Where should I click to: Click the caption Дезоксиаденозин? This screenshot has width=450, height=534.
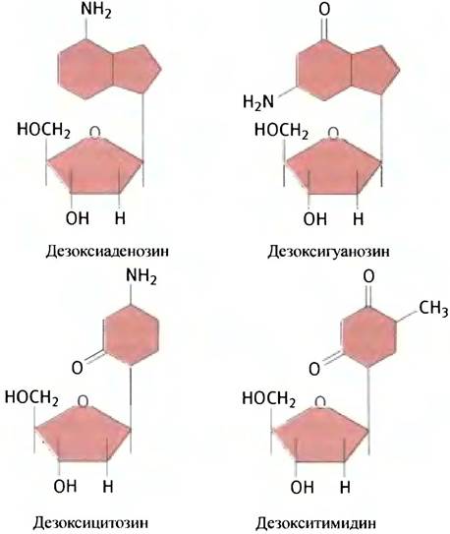[x=107, y=252]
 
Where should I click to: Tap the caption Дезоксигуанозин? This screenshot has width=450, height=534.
[x=328, y=252]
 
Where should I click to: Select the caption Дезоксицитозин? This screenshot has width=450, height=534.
[x=90, y=522]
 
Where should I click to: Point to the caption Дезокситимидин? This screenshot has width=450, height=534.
[x=316, y=523]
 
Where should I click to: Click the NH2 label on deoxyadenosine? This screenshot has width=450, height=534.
[x=96, y=10]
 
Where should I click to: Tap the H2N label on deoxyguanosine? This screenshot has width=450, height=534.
[x=258, y=102]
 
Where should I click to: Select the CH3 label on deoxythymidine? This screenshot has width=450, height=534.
[x=433, y=309]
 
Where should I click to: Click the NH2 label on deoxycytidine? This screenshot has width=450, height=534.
[x=141, y=276]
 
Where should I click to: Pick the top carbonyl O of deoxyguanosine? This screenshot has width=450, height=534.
[x=324, y=9]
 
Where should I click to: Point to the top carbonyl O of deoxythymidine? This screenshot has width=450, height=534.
[x=368, y=276]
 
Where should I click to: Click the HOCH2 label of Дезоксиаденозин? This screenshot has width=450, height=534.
[x=43, y=130]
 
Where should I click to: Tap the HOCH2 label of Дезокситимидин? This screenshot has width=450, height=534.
[x=268, y=399]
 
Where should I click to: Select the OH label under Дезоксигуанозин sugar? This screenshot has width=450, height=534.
[x=315, y=218]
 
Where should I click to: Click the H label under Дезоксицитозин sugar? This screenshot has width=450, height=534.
[x=108, y=486]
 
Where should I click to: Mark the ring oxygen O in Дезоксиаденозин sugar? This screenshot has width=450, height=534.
[x=95, y=132]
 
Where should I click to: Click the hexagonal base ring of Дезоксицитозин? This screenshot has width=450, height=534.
[x=131, y=335]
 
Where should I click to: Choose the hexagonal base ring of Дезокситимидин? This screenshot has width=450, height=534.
[x=368, y=336]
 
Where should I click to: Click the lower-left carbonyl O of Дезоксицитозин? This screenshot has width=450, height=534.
[x=78, y=368]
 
